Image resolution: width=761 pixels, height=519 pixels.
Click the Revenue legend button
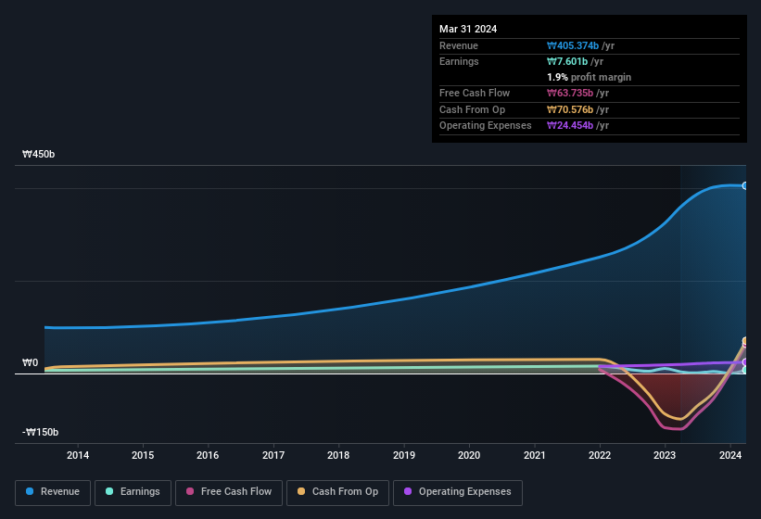(x=53, y=491)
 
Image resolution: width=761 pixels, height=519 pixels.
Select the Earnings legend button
(x=133, y=491)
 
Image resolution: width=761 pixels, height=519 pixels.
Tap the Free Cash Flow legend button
(x=229, y=491)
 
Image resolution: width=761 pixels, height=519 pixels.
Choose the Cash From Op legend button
(x=337, y=491)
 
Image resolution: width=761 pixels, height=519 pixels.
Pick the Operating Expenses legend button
(x=458, y=491)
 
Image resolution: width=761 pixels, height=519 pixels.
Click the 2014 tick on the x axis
(x=78, y=455)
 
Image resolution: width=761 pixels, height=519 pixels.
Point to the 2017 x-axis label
(x=273, y=455)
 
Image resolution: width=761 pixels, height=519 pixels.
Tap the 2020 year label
(x=469, y=455)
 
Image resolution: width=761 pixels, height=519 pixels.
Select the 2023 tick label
(x=665, y=455)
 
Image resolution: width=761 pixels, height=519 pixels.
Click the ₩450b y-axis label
(x=39, y=155)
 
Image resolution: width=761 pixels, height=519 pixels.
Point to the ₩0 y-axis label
(x=30, y=363)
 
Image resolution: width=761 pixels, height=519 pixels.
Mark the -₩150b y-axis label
(x=41, y=433)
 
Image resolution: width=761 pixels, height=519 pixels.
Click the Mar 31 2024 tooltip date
(x=468, y=29)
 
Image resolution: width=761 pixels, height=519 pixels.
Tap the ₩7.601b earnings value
(x=568, y=61)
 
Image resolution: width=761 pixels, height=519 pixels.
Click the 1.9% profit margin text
(x=590, y=77)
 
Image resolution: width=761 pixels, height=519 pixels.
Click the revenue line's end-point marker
(x=744, y=185)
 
